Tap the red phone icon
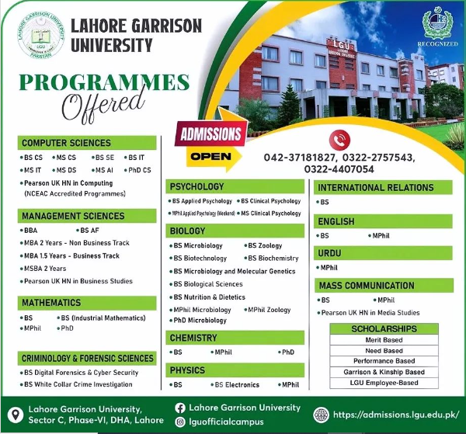point(339,139)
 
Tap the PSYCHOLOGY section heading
point(197,187)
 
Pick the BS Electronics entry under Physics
point(237,384)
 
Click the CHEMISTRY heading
point(193,338)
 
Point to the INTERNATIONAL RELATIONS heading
point(376,188)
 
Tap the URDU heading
point(330,253)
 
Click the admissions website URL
point(395,414)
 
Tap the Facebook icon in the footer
point(181,408)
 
